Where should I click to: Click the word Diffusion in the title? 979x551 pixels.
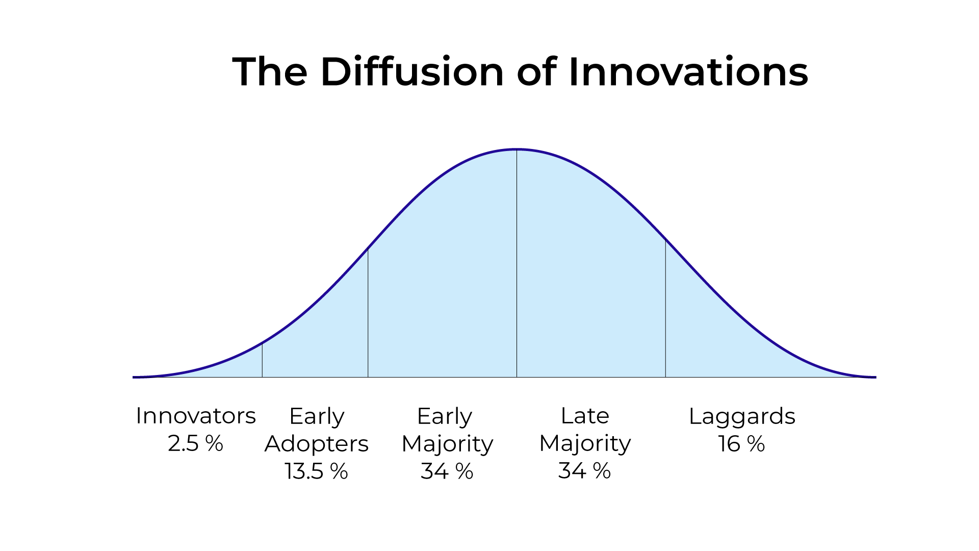click(412, 71)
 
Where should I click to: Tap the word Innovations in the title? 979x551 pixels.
click(688, 71)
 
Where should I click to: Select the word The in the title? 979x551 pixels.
click(270, 71)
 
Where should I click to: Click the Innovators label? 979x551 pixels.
click(196, 416)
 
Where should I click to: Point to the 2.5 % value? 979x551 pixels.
click(196, 443)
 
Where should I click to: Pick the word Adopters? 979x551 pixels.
click(317, 444)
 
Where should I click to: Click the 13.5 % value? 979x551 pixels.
click(317, 471)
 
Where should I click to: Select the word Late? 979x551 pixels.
click(585, 416)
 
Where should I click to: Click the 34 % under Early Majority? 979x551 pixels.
click(447, 471)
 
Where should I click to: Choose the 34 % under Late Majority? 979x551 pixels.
click(585, 470)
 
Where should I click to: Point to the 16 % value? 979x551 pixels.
click(742, 444)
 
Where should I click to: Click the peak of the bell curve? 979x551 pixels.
click(517, 149)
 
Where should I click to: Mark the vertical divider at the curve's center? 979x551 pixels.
click(517, 263)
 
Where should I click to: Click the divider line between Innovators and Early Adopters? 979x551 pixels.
click(262, 360)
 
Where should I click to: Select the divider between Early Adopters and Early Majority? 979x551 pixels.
click(368, 313)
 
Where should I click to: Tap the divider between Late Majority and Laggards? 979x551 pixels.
click(665, 309)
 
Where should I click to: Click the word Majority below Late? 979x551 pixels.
click(585, 444)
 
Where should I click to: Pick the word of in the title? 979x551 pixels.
click(536, 71)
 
